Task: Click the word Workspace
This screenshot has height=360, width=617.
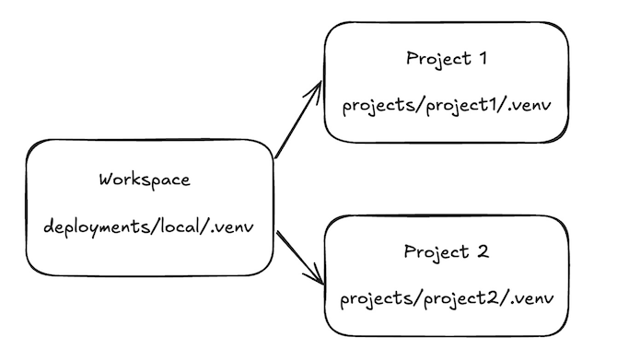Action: coord(144,180)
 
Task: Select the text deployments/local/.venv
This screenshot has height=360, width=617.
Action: coord(147,226)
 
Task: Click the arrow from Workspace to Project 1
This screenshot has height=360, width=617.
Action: coord(298,121)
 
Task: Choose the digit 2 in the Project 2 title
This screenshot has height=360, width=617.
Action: coord(484,251)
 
